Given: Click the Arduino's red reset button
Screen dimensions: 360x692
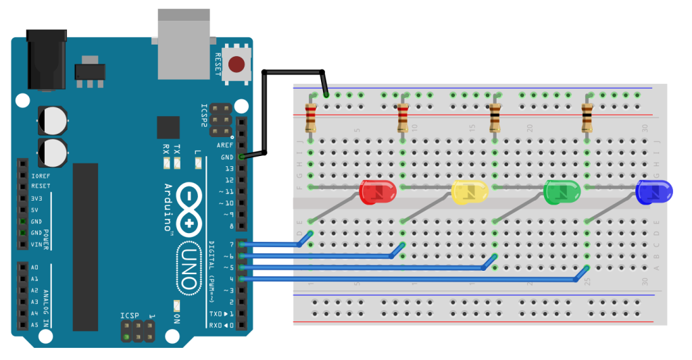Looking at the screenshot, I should click(237, 65).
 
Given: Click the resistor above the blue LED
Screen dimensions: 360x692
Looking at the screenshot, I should click(587, 118).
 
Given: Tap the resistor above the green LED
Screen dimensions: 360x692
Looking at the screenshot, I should click(495, 118).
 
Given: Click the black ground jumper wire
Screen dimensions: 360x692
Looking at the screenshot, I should click(265, 108).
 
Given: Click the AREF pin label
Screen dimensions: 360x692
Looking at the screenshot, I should click(224, 145).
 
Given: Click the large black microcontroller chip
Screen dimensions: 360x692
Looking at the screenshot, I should click(85, 247).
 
